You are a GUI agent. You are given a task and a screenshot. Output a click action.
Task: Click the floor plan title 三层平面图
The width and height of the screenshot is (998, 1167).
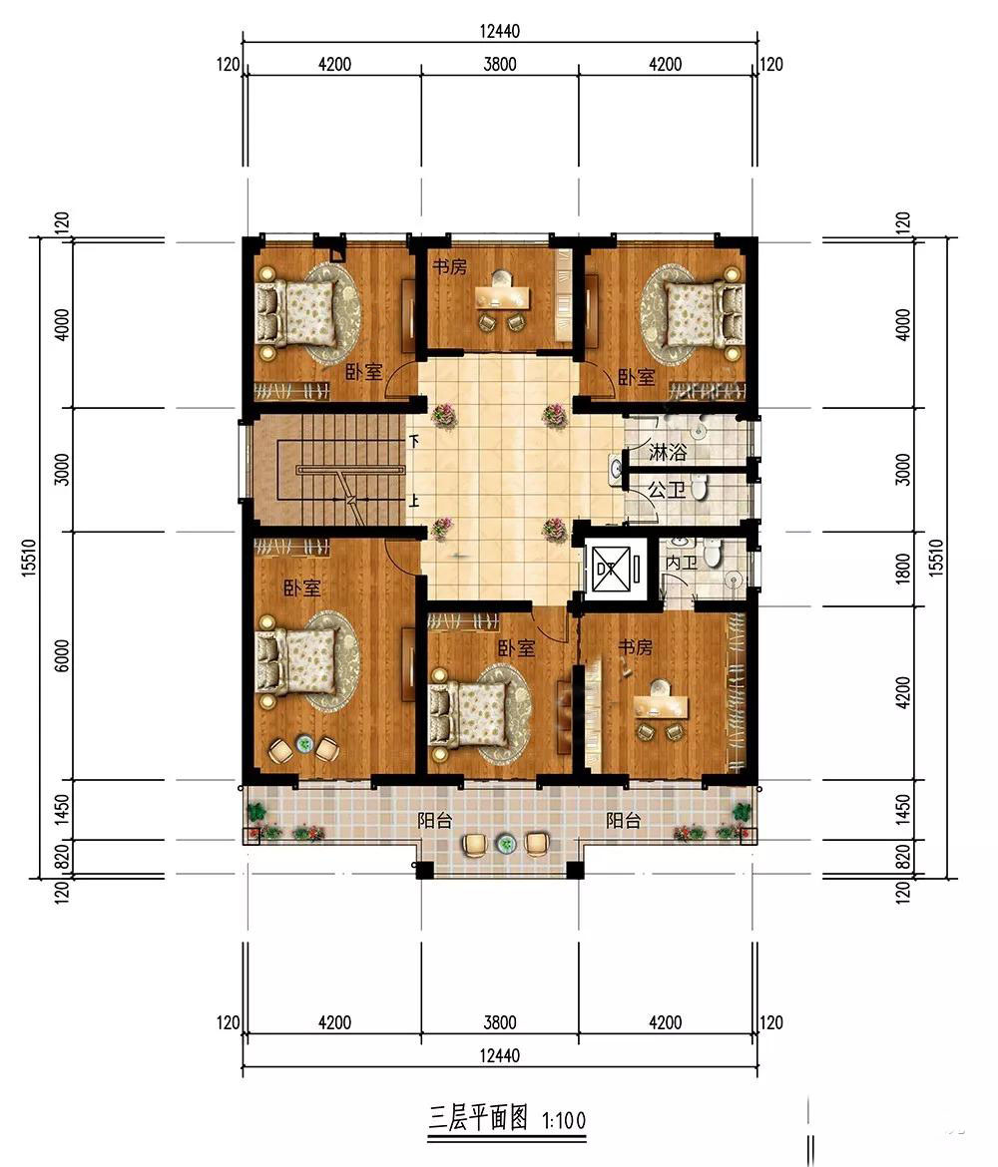[478, 1118]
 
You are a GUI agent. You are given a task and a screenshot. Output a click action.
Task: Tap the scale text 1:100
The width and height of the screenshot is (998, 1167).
[564, 1120]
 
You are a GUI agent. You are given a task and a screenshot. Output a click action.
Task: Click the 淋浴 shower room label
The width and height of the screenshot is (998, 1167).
[668, 452]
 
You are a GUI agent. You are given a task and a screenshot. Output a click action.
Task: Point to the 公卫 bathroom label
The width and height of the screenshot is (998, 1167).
[667, 491]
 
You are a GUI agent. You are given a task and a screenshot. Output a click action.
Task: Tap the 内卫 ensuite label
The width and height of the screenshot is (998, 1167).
[681, 562]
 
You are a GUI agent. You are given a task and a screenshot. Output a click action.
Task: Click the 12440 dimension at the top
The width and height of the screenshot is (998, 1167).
[499, 31]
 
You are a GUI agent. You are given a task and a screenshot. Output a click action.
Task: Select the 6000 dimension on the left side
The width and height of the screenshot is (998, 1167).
[62, 655]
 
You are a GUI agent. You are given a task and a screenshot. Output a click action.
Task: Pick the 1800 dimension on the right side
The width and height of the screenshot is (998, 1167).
[902, 569]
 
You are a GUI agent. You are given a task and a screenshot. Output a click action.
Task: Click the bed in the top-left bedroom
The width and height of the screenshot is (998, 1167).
[296, 313]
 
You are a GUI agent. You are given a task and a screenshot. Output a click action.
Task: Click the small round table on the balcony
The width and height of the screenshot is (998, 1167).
[506, 844]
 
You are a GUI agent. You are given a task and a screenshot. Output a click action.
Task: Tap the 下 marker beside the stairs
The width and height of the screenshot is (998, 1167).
[414, 441]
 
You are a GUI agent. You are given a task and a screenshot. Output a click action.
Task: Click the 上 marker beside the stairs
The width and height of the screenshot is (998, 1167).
[414, 500]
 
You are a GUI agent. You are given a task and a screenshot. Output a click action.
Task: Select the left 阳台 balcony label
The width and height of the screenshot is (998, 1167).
[435, 821]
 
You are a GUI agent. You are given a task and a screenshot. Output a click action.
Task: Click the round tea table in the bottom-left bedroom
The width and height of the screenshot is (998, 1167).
[303, 743]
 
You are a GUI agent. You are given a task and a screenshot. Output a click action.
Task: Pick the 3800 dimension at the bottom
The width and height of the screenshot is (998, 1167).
[499, 1022]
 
